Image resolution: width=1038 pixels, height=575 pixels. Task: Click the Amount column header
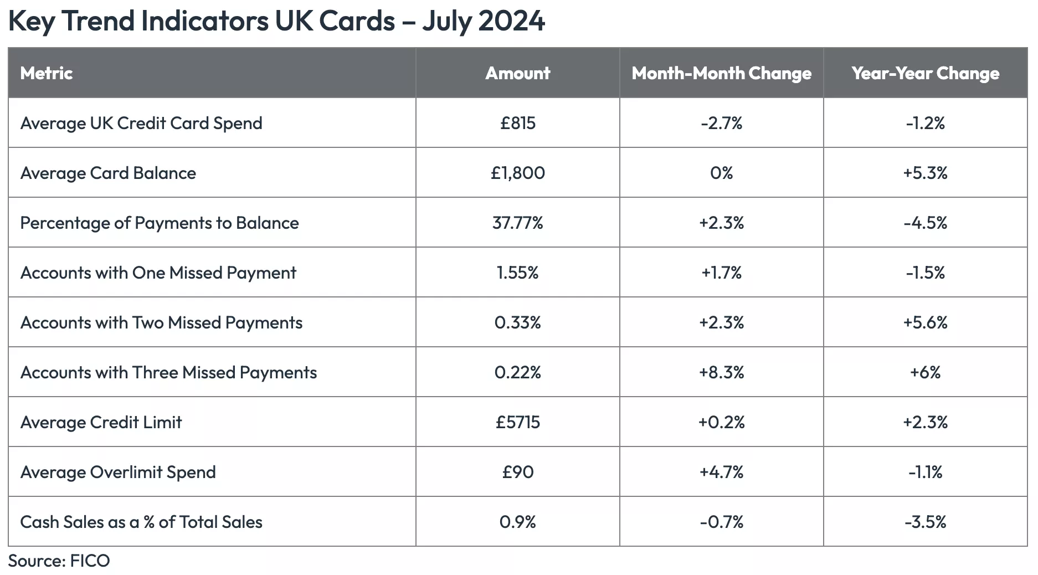[517, 73]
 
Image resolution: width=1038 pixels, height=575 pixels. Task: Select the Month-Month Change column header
[721, 73]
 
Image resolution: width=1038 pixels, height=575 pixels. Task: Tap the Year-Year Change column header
[925, 73]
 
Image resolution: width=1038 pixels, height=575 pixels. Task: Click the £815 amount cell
[517, 123]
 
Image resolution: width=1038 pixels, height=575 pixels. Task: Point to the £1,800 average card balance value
[517, 173]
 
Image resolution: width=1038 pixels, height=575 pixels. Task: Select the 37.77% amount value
[517, 223]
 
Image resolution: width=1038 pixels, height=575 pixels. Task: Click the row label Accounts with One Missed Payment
[158, 273]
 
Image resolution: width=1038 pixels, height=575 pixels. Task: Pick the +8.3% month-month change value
[721, 372]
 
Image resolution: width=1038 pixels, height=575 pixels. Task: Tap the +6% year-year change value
[925, 372]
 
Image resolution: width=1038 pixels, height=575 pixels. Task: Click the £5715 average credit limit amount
[517, 422]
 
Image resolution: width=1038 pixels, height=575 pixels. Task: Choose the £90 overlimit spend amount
[517, 472]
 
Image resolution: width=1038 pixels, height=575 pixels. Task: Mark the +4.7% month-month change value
[721, 472]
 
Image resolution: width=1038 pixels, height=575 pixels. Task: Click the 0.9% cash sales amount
[517, 522]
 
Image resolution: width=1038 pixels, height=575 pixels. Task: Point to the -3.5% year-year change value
[925, 522]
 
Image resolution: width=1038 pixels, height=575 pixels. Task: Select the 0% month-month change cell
[721, 173]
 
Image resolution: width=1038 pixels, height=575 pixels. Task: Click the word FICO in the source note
[90, 561]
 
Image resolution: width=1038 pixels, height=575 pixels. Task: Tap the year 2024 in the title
[511, 21]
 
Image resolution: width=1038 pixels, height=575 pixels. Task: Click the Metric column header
[47, 73]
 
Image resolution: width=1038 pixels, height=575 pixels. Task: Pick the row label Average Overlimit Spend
[118, 472]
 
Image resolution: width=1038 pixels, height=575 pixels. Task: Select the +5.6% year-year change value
[925, 322]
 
